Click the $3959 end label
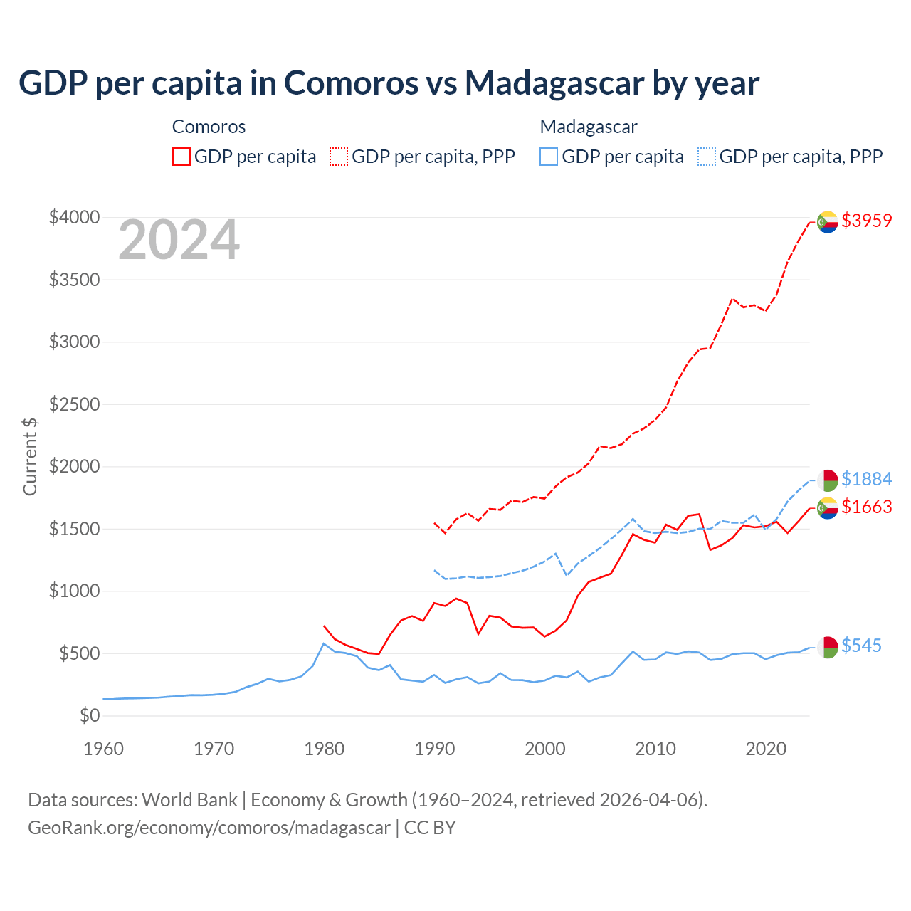click(866, 221)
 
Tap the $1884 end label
click(866, 479)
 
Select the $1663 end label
click(866, 507)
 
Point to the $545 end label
click(861, 646)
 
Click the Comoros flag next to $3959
click(827, 222)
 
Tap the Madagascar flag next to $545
click(827, 647)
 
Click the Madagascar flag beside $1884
click(827, 480)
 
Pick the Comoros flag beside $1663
click(827, 508)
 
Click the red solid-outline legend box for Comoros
click(181, 157)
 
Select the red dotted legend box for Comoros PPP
click(339, 157)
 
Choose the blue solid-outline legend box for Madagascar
click(549, 157)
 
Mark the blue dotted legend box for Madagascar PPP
click(707, 157)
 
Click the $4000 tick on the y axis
click(74, 217)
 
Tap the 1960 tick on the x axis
click(104, 749)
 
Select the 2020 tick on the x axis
click(766, 749)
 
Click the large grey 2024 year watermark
click(179, 241)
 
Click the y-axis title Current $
click(30, 456)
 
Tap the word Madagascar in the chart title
click(554, 83)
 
